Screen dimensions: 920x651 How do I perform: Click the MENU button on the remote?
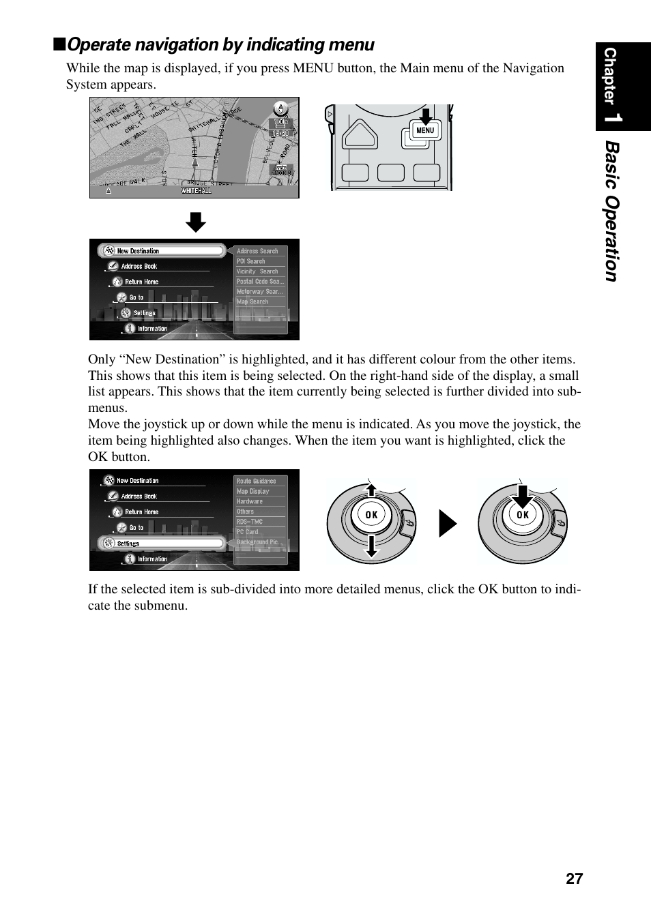click(x=424, y=130)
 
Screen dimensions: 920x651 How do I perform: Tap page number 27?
click(x=574, y=878)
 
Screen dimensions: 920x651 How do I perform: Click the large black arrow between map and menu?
click(x=196, y=222)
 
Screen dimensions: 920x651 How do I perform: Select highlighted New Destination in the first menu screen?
click(x=162, y=251)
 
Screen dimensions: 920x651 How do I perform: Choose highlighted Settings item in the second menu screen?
click(x=162, y=544)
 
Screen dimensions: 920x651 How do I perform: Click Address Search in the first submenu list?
click(x=258, y=251)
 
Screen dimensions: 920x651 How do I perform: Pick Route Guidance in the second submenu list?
click(x=257, y=481)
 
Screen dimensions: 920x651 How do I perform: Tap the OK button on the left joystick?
click(x=371, y=515)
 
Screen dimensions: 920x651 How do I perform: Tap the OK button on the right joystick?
click(x=523, y=516)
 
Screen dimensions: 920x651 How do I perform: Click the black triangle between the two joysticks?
click(x=447, y=524)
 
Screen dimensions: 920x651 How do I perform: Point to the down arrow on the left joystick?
click(x=371, y=546)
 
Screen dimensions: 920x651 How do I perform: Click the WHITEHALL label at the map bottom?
click(x=196, y=191)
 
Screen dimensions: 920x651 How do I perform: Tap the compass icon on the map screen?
click(x=280, y=108)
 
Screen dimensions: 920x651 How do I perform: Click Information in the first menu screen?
click(x=151, y=329)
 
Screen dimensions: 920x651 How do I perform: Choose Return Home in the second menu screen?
click(x=141, y=512)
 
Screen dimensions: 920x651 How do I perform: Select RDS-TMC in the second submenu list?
click(x=250, y=522)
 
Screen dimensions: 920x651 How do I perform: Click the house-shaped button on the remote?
click(x=360, y=134)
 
